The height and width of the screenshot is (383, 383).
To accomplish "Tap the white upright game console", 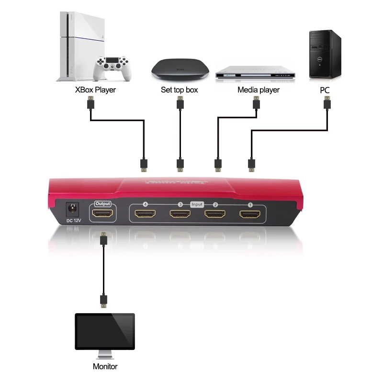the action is (74, 45).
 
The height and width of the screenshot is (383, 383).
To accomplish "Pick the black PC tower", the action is (325, 54).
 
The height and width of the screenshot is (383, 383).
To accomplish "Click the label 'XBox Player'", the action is (95, 90).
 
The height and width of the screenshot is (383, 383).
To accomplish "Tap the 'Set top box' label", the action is (179, 90).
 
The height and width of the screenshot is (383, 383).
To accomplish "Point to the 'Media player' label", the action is (259, 90).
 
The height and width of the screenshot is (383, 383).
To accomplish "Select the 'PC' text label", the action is (325, 90).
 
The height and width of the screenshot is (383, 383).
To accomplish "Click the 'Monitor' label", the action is (105, 367).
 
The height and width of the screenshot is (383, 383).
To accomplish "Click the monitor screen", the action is (105, 331).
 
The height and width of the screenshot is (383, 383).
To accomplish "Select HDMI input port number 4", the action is (146, 214).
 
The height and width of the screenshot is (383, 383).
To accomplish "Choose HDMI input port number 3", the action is (180, 214).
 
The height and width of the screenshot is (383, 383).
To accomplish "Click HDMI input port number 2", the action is (215, 214).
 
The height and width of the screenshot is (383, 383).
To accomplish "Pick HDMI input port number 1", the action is (250, 214).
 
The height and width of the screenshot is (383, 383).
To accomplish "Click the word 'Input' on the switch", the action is (197, 204).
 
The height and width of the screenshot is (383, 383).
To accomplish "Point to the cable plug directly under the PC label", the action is (327, 103).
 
